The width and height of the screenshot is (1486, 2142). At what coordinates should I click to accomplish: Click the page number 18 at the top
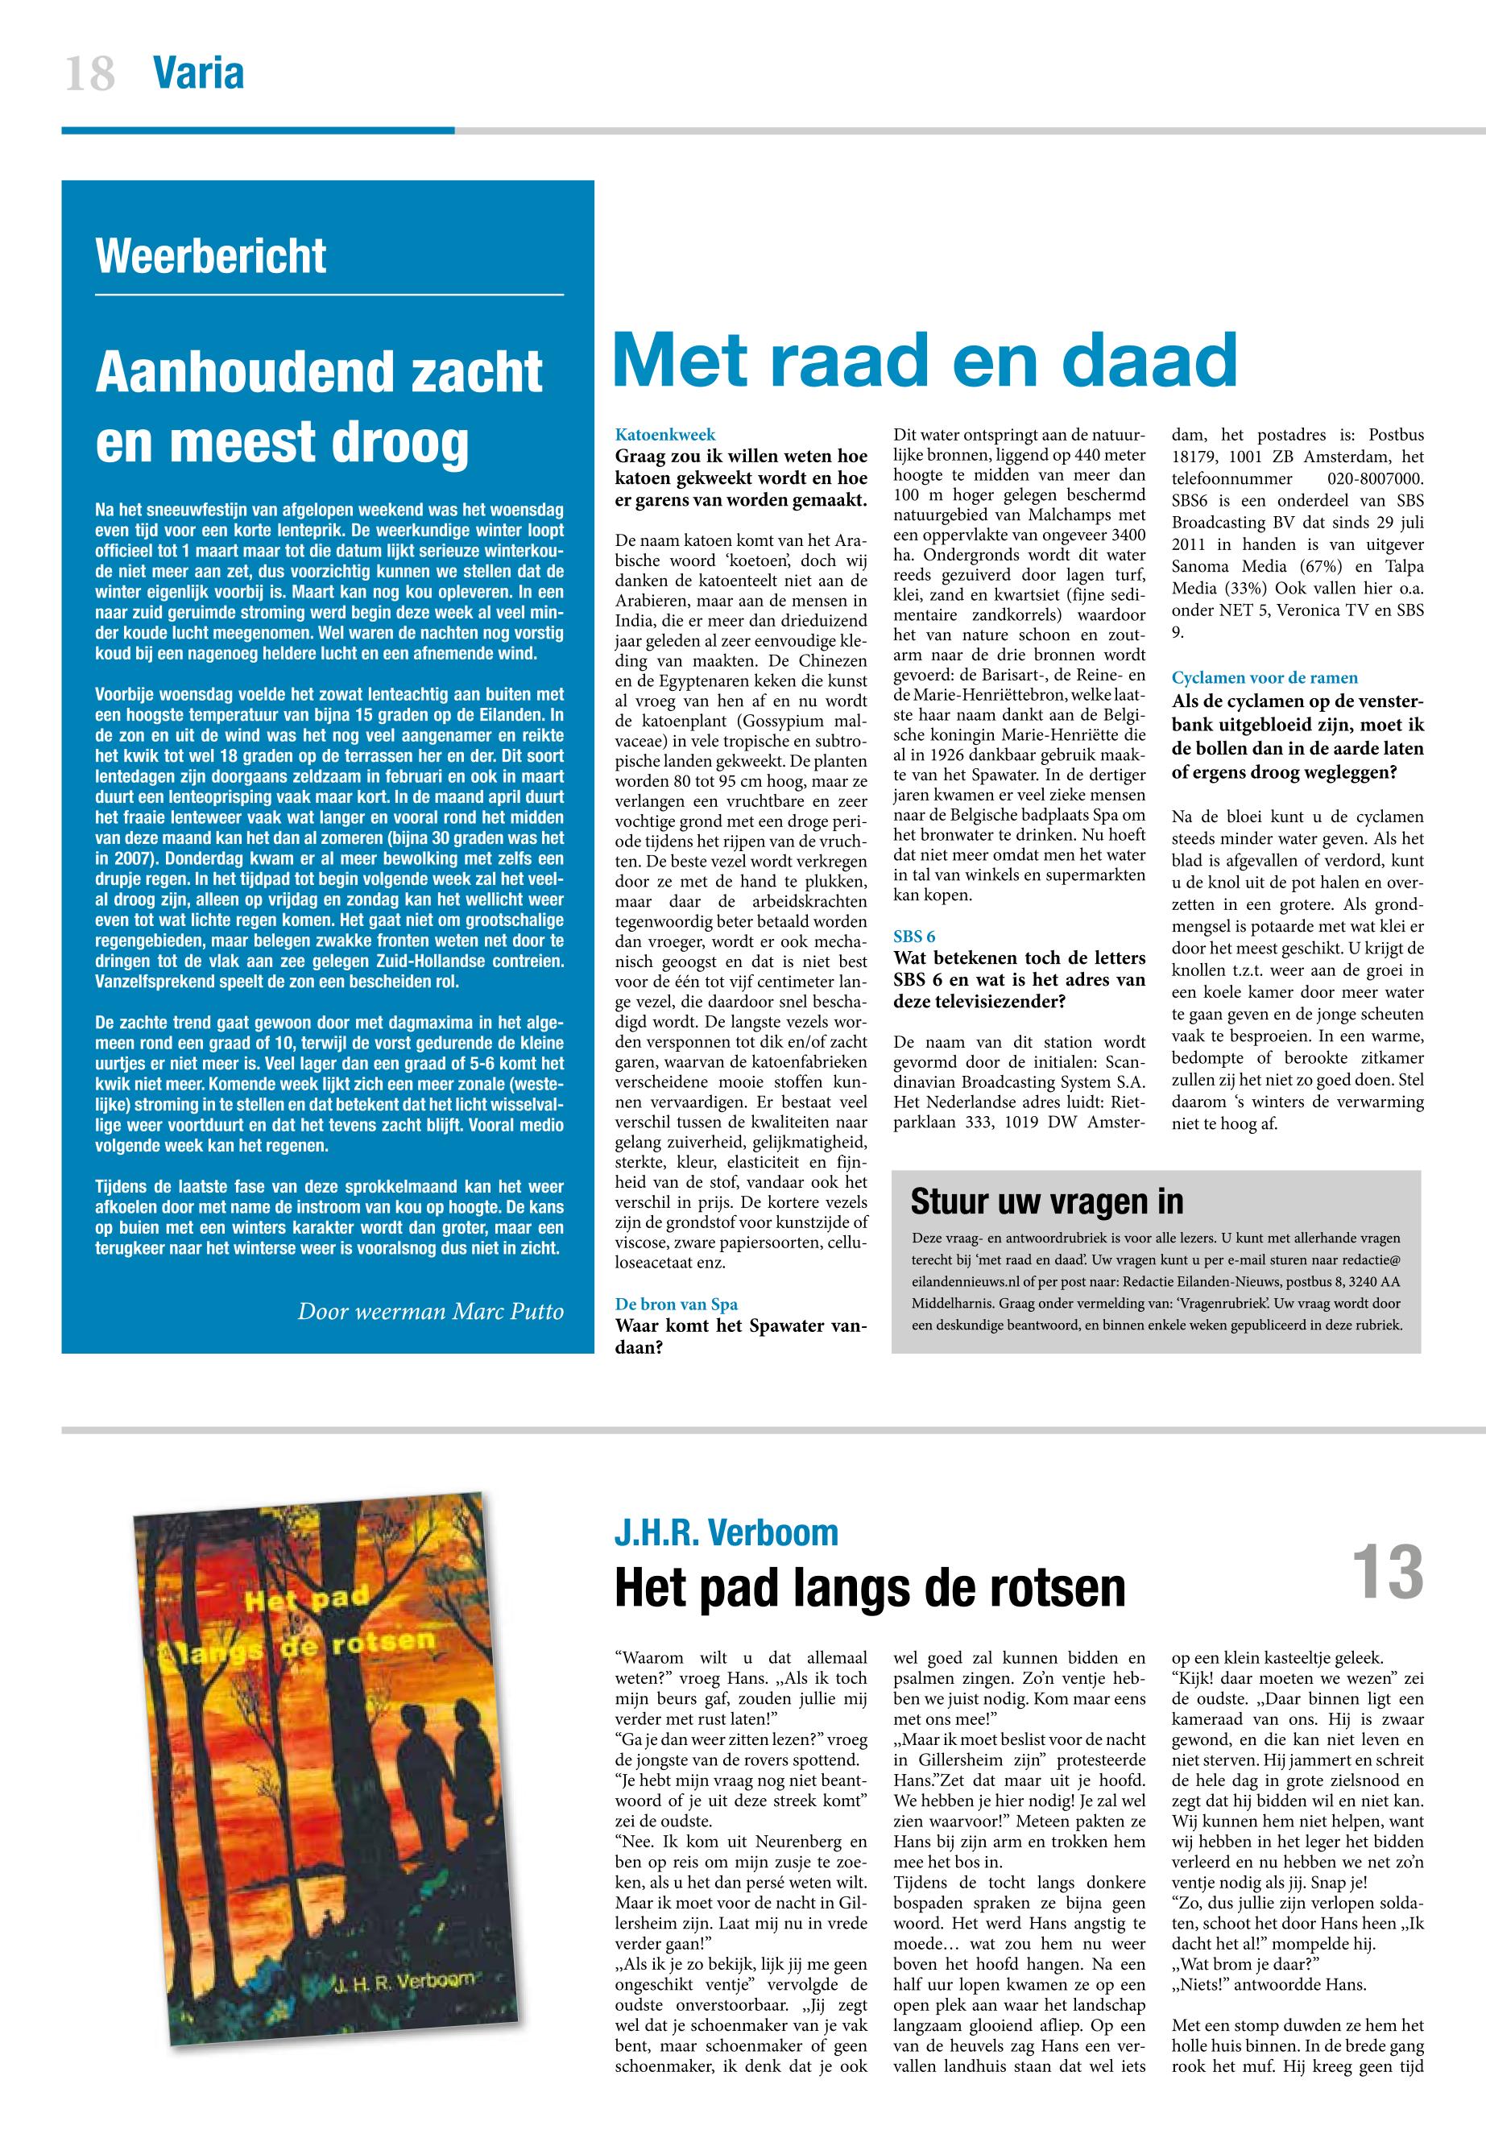(90, 72)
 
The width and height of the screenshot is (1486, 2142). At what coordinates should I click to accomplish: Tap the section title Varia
(198, 72)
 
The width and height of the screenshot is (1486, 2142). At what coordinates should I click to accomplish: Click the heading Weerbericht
(211, 256)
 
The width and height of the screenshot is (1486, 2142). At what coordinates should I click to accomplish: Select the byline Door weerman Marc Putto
(430, 1312)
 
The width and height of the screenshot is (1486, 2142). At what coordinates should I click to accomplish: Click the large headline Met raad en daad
(925, 362)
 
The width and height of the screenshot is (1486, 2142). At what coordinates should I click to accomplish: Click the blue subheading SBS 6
(914, 937)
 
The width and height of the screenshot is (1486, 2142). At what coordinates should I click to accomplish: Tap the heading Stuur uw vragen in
(1046, 1201)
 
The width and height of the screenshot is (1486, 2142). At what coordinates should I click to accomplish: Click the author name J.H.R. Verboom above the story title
(726, 1532)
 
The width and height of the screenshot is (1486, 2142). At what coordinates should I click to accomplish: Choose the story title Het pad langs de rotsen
(870, 1587)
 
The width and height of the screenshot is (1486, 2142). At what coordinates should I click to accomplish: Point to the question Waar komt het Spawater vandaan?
(741, 1335)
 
